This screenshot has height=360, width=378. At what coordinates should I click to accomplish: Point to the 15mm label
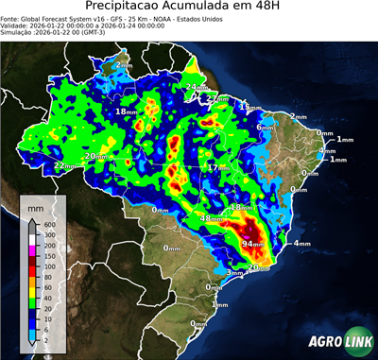tap(249, 108)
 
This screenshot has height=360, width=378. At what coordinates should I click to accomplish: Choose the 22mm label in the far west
tap(63, 166)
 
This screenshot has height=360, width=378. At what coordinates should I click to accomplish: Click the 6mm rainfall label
tap(265, 127)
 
